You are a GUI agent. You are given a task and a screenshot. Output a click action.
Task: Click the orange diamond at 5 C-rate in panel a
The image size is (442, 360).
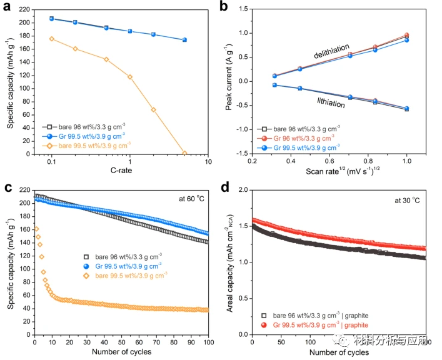tap(184, 153)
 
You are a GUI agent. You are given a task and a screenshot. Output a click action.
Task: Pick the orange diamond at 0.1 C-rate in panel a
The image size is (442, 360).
tap(52, 39)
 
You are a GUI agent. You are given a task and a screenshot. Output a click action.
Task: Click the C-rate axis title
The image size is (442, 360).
tap(121, 171)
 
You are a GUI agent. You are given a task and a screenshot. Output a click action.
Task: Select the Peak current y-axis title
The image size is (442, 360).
tap(229, 82)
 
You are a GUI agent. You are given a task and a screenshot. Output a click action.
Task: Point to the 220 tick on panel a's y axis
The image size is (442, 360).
tap(24, 9)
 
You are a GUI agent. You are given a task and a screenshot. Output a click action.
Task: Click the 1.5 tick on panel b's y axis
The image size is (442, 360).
tap(244, 9)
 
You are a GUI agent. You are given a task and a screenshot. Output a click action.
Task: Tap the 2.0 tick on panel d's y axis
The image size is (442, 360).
tap(243, 189)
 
